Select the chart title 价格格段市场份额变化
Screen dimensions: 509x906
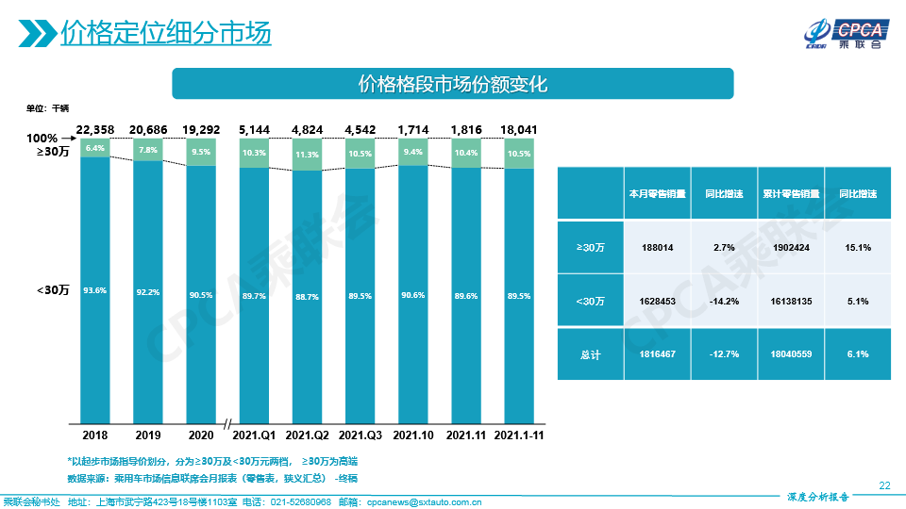click(x=452, y=83)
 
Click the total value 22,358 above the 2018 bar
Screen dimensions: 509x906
click(x=95, y=129)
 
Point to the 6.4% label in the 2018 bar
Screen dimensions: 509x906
click(x=94, y=148)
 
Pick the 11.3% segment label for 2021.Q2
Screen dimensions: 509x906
click(x=307, y=155)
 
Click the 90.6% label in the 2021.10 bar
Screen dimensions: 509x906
click(x=412, y=295)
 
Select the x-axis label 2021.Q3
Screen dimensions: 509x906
click(x=360, y=435)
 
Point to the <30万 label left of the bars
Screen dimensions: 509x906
click(x=53, y=290)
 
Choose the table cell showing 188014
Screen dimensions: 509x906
click(x=657, y=247)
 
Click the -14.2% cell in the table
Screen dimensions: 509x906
click(x=723, y=301)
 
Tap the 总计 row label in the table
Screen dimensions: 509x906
click(x=590, y=354)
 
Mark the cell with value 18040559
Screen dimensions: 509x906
click(x=790, y=354)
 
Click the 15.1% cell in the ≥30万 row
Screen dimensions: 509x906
click(x=858, y=247)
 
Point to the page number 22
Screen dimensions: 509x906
click(x=884, y=485)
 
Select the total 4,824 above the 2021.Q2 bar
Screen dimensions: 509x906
click(x=307, y=129)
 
